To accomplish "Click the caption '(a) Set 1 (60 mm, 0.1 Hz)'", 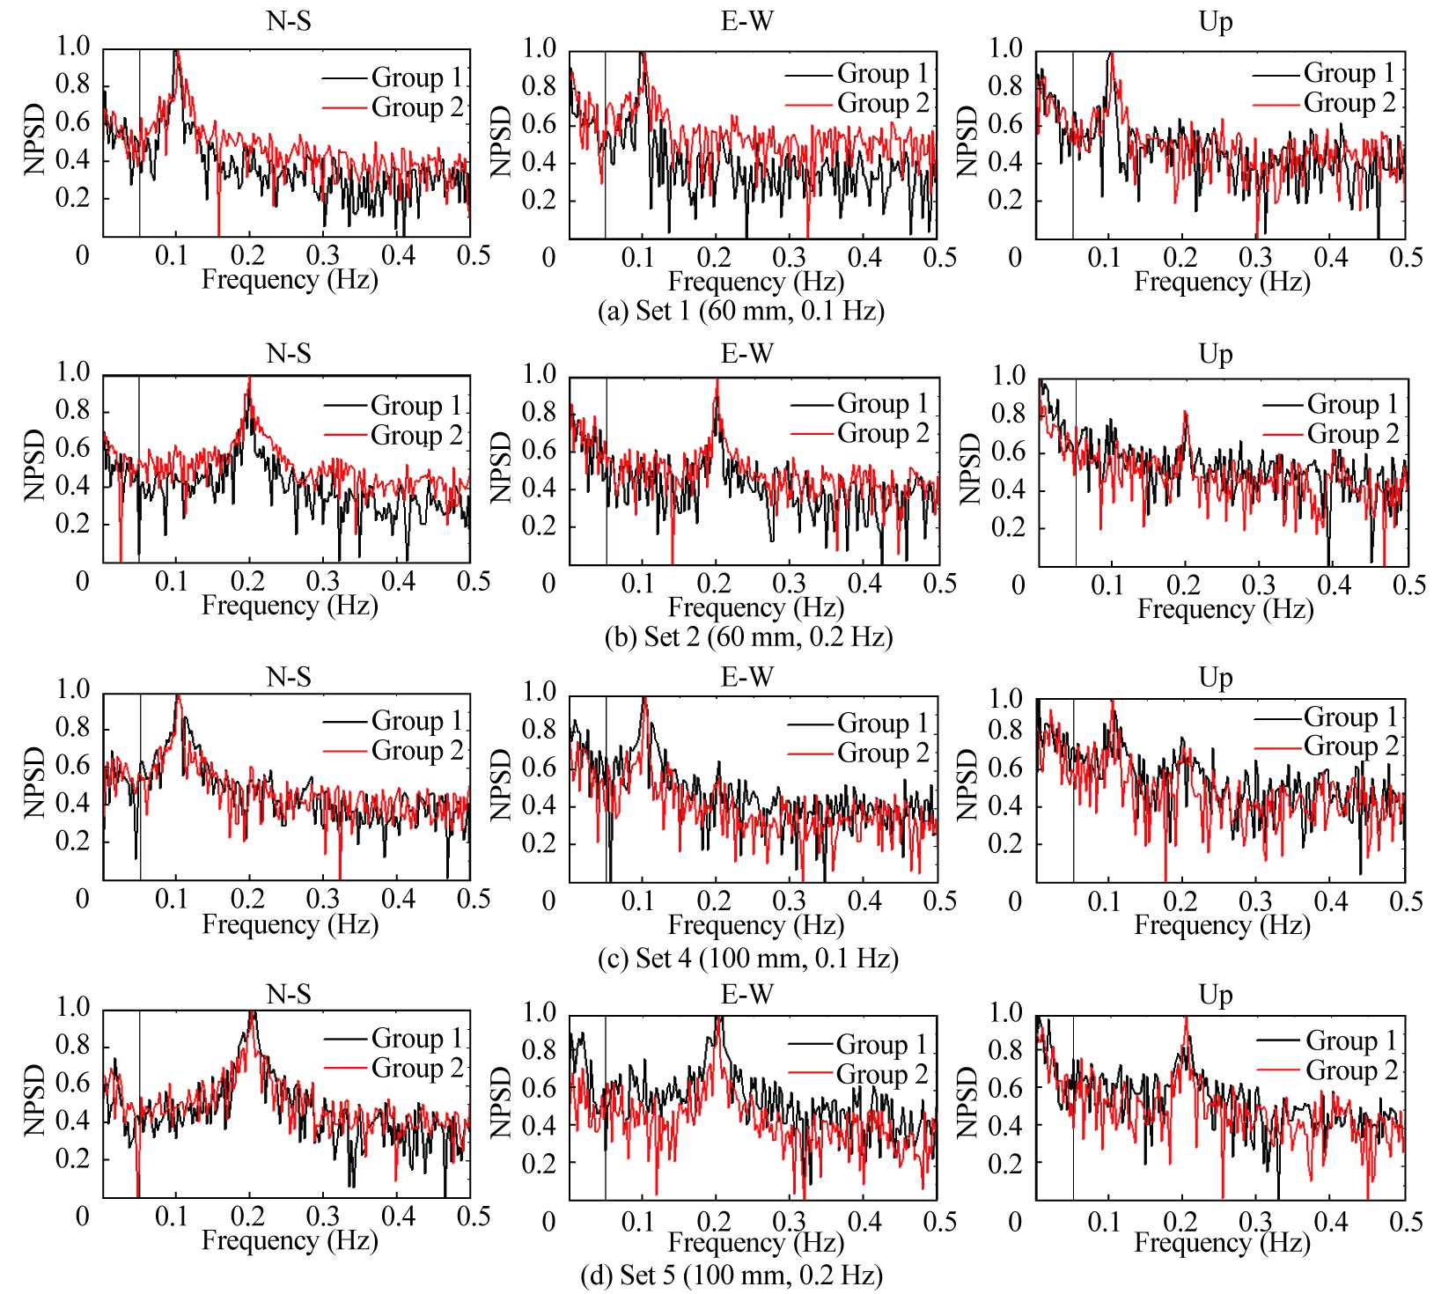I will point(740,311).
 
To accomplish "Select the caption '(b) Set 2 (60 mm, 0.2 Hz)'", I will point(748,636).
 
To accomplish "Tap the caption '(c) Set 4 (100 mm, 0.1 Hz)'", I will point(747,958).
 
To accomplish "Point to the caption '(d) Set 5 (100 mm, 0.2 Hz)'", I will point(732,1275).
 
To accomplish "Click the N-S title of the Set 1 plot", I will point(289,21).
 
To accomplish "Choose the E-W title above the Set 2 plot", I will point(746,354).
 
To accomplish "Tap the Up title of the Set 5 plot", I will point(1216,995).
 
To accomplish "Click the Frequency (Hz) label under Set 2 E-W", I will point(755,607).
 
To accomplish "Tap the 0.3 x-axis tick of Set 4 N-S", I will point(323,899).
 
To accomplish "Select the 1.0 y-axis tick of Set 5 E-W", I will point(539,1012).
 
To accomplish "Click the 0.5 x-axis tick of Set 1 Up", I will point(1406,257).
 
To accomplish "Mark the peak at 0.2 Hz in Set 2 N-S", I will point(250,379).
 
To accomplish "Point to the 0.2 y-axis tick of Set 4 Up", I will point(1005,843).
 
